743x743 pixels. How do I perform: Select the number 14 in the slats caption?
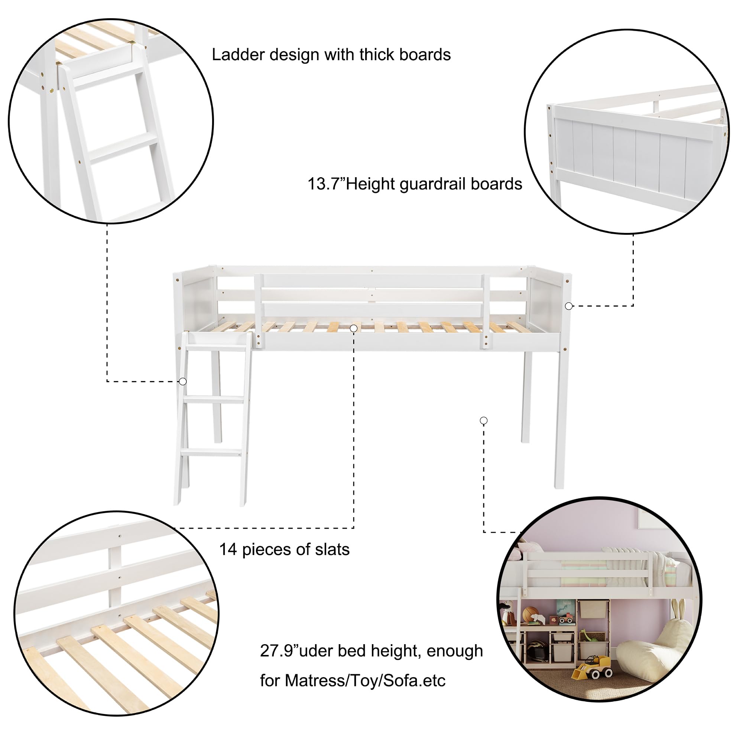(x=228, y=549)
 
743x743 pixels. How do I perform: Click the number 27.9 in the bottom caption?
(x=276, y=651)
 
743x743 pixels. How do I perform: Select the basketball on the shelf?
(x=531, y=613)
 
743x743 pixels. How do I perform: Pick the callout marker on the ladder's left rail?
(x=183, y=382)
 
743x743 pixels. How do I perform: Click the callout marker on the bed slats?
(x=354, y=328)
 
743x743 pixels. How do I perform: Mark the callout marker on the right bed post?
(x=568, y=306)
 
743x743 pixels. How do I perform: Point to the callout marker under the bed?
(x=484, y=421)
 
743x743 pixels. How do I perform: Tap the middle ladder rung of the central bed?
(x=214, y=400)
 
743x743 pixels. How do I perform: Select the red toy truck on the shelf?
(x=566, y=620)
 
